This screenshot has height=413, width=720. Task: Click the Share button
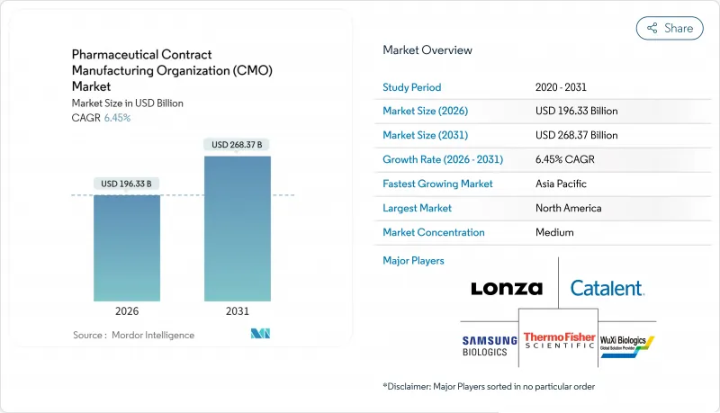670,28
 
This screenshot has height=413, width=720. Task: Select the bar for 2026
127,247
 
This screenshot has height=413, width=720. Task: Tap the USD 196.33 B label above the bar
127,184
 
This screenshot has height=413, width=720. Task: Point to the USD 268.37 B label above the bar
238,145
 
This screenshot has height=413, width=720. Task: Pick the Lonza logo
507,289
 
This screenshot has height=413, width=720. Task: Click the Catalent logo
607,289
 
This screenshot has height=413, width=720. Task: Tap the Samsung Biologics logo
490,346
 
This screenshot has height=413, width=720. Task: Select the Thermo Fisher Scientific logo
559,342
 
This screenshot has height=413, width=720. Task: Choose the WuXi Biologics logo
626,343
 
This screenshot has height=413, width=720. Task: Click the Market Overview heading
427,50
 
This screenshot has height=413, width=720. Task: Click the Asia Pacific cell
562,184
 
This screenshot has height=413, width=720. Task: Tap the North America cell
568,208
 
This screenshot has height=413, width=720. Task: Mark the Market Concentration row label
434,232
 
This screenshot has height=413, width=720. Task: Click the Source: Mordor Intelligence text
133,335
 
